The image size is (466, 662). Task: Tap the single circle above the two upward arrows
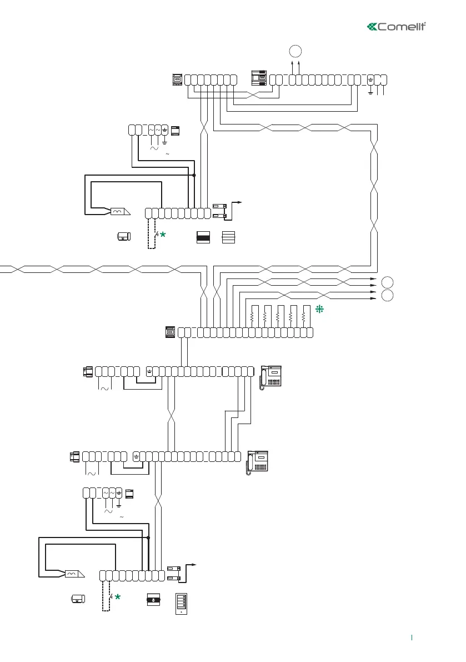(x=296, y=52)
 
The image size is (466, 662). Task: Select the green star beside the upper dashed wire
(x=163, y=236)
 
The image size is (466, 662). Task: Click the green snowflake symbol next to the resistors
(x=319, y=310)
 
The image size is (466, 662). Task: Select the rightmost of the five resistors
(x=304, y=317)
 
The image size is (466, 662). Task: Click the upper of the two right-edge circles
(x=387, y=280)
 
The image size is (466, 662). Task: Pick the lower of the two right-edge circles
(x=387, y=294)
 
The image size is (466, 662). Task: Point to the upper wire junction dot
(x=194, y=175)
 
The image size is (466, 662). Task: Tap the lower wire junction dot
(x=148, y=538)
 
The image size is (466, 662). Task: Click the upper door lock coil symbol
(x=119, y=212)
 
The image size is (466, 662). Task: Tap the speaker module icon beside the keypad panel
(x=153, y=600)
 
